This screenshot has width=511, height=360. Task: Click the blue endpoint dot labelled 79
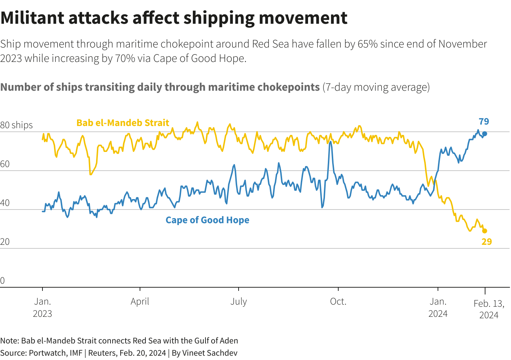pos(484,134)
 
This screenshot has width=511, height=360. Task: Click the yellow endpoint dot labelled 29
pos(484,231)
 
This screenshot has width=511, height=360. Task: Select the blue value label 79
pos(484,122)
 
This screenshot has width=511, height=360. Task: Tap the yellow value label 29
pos(487,242)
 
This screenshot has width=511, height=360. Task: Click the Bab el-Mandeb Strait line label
pos(123,123)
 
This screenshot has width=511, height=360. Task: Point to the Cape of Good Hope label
pos(207,220)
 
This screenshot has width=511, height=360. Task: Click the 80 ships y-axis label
pos(17,125)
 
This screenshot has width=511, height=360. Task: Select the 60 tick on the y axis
pos(5,164)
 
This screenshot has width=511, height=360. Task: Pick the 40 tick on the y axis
pos(5,203)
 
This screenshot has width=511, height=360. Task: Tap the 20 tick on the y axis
pos(5,242)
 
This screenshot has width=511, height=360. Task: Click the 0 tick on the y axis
pos(3,281)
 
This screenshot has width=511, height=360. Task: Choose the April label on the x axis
pos(140,302)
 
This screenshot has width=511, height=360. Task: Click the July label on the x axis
pos(239,302)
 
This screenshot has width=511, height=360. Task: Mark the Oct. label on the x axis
pos(338,302)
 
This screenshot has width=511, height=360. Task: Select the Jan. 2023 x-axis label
pos(42,307)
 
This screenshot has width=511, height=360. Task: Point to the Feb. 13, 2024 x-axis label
pos(489,309)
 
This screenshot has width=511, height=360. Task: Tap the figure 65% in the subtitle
pos(367,44)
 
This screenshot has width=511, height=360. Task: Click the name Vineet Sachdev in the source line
pos(210,353)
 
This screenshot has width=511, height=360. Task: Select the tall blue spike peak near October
pos(330,141)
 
